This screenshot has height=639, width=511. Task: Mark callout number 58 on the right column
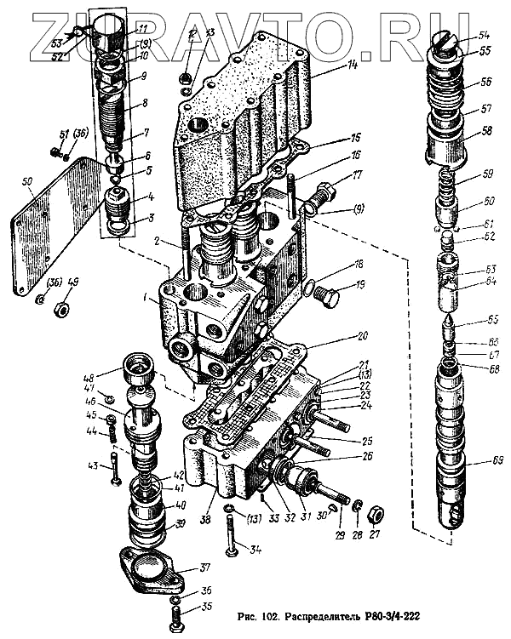485,132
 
